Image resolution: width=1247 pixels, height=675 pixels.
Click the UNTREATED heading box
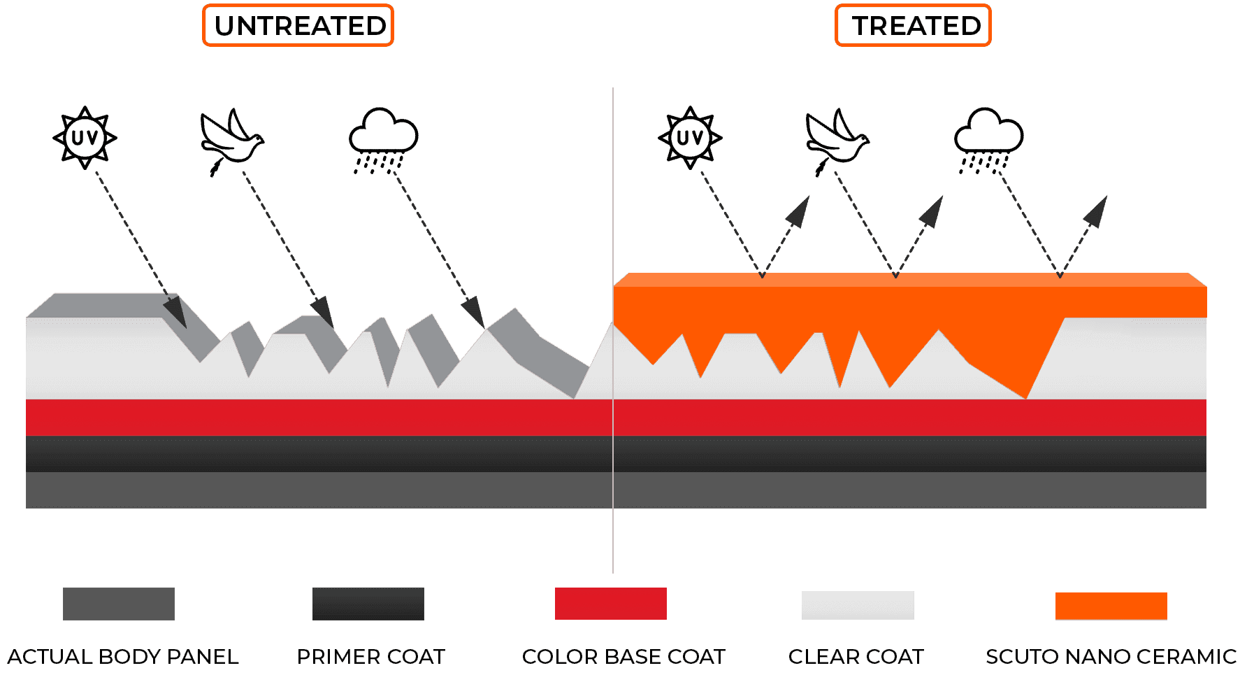[298, 26]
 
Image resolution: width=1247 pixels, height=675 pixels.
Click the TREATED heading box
[913, 26]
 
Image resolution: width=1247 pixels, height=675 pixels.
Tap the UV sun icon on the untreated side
[85, 137]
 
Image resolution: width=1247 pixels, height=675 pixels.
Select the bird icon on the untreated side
[231, 139]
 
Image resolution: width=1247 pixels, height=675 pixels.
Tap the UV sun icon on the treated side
[690, 137]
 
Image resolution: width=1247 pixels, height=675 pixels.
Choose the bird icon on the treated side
[836, 139]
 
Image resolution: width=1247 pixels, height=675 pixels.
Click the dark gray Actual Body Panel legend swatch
[119, 604]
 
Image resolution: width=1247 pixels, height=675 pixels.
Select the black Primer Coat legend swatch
[368, 604]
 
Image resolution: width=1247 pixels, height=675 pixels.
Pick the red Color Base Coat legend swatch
[610, 603]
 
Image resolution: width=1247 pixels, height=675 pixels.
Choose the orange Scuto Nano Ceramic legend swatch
[1111, 606]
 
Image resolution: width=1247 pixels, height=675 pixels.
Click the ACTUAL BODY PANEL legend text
[123, 657]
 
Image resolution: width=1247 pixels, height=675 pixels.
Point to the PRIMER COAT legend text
[370, 657]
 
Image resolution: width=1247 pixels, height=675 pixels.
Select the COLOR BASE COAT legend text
[623, 657]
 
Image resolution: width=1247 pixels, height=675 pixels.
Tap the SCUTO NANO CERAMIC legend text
[1111, 657]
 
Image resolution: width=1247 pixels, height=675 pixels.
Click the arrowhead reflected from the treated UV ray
[799, 211]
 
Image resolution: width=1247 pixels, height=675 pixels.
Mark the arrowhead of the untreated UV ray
[175, 312]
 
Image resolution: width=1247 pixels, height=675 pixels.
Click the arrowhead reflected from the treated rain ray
[1097, 211]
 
